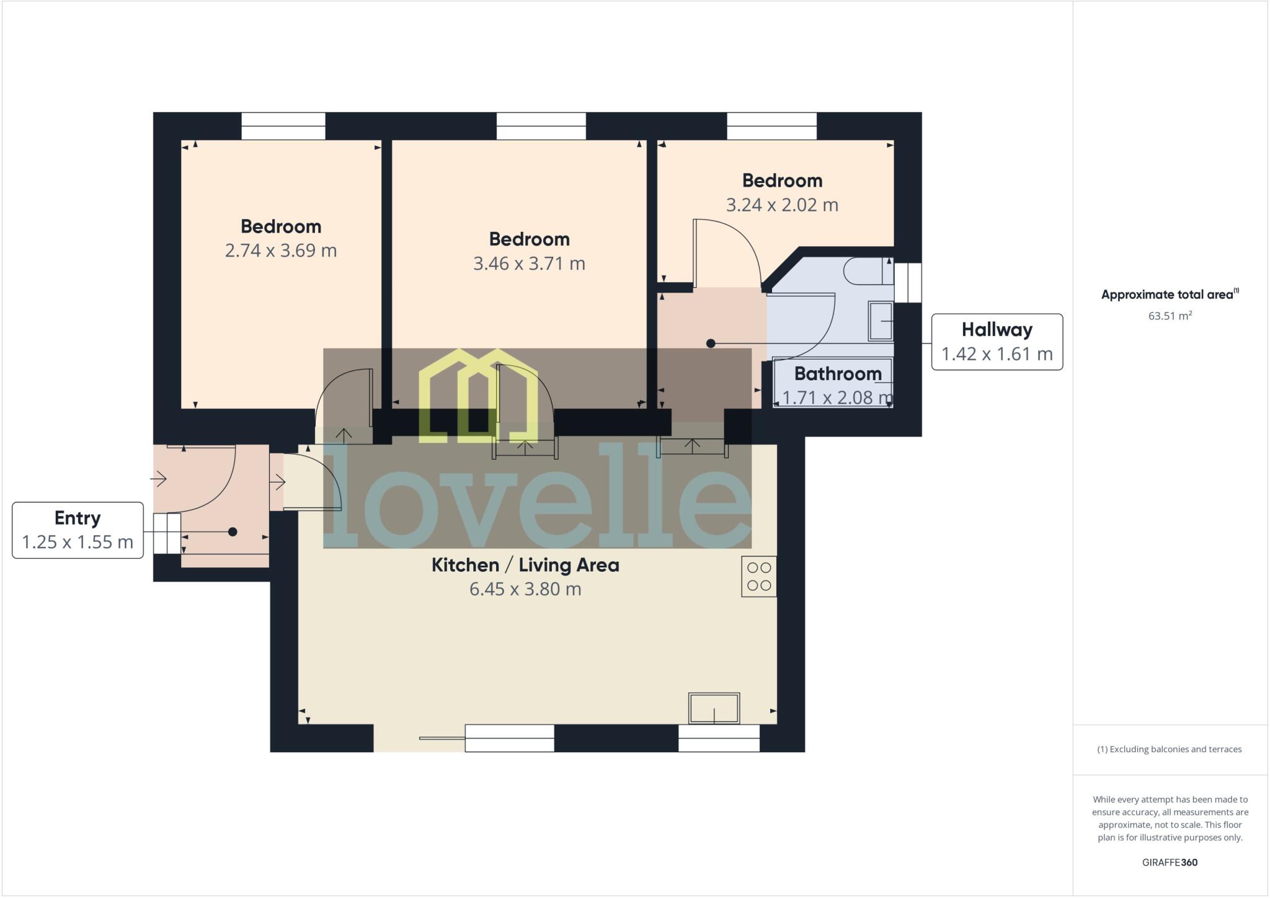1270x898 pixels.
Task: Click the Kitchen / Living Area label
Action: point(525,565)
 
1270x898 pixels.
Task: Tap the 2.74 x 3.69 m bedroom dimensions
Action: point(281,251)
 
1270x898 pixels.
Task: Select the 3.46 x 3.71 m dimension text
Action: point(529,264)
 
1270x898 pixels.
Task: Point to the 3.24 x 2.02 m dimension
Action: point(782,205)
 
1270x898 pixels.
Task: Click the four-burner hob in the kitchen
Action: point(759,577)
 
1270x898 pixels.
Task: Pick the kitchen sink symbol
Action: point(714,708)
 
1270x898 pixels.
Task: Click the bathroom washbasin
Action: point(881,321)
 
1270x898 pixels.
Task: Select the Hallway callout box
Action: point(997,342)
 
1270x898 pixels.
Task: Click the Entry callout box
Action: point(78,530)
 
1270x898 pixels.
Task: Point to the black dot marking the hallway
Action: point(711,344)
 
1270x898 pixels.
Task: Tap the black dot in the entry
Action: point(233,531)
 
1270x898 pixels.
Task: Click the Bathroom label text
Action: point(838,373)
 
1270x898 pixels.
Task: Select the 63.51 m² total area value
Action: point(1170,316)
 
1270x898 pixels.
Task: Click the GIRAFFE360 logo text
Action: point(1170,863)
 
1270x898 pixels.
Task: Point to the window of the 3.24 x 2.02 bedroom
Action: point(772,126)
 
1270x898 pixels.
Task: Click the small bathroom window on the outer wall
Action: point(908,283)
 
